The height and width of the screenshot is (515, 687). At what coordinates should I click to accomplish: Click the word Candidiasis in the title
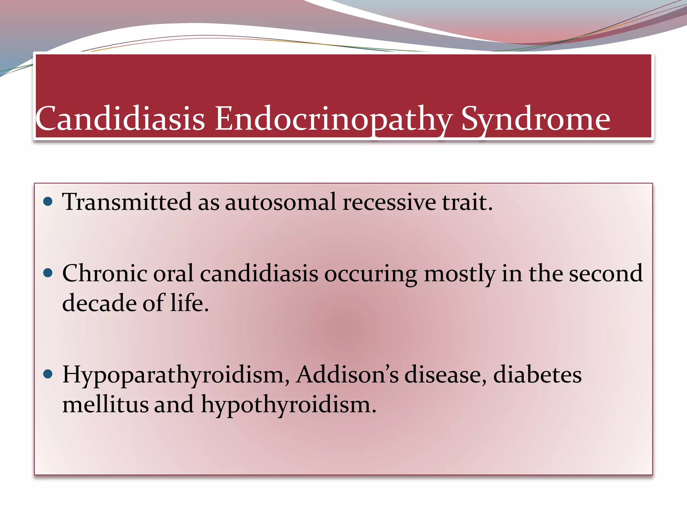coord(120,119)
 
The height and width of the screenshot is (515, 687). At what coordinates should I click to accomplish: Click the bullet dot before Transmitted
coord(48,202)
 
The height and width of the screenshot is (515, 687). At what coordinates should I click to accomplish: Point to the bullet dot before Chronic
coord(48,273)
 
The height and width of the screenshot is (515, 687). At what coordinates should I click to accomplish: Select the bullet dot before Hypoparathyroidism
coord(48,374)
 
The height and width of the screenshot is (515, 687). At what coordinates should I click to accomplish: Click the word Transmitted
coord(127,202)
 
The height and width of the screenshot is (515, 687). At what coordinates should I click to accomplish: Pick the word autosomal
coord(280,202)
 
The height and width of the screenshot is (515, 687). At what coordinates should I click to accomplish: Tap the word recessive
coord(389,202)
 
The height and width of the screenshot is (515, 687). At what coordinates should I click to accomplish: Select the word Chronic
coord(105,273)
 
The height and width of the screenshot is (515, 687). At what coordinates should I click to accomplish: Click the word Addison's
coord(347,375)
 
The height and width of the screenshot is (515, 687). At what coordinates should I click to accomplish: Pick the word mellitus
coord(105,404)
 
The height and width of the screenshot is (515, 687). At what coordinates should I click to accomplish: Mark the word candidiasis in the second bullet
coord(259,273)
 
